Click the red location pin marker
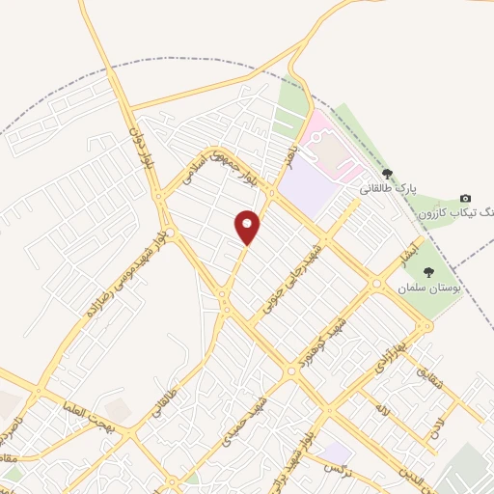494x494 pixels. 248,226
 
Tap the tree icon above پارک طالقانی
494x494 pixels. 388,174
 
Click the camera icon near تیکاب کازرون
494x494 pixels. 466,198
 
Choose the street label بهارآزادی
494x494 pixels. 393,357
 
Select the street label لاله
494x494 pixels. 385,411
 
